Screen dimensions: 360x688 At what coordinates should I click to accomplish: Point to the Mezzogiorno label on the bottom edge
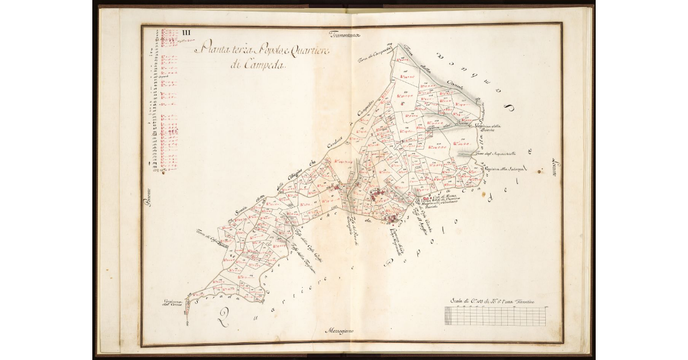click(342, 331)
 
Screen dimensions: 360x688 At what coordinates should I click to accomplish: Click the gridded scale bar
click(495, 316)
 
